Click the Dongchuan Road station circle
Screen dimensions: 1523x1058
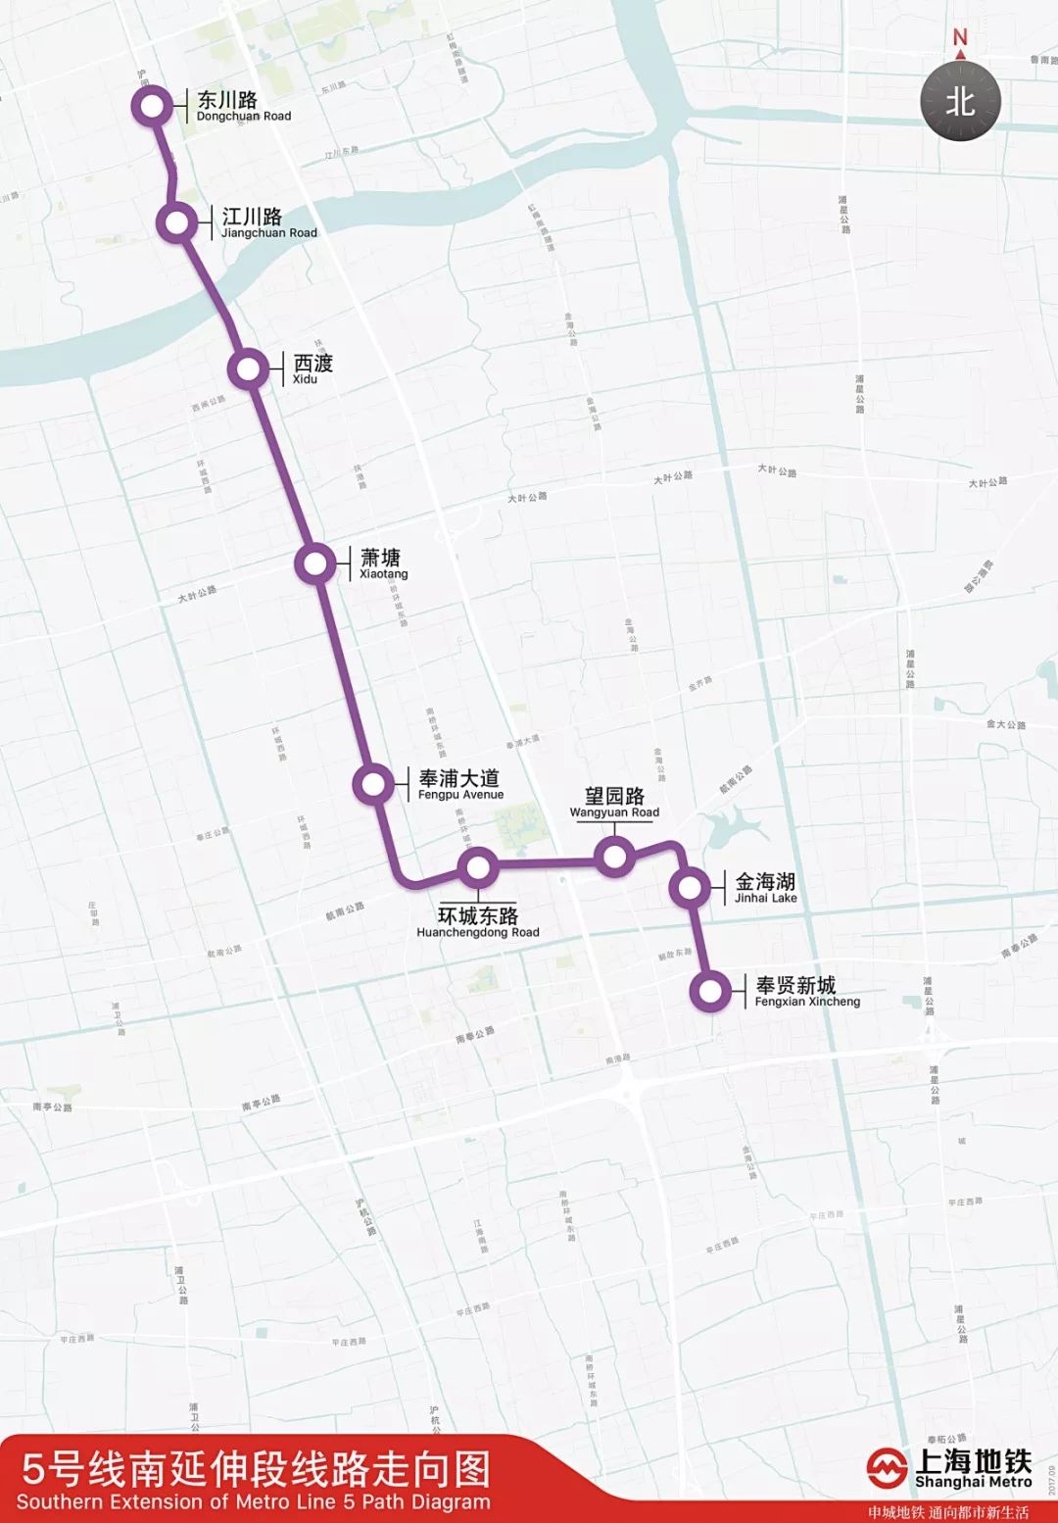[152, 106]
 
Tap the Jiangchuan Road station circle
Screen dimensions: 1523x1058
[177, 222]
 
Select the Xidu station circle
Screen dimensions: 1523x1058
[249, 369]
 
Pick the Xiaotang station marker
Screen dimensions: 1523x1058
[315, 564]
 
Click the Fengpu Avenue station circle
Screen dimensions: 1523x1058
[373, 784]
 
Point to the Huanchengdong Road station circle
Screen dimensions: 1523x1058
[478, 867]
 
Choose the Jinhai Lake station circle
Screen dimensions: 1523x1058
[690, 888]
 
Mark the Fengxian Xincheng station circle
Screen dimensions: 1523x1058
[710, 991]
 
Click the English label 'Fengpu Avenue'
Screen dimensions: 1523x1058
[460, 795]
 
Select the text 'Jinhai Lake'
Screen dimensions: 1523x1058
[766, 898]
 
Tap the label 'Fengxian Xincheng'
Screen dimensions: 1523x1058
[807, 1002]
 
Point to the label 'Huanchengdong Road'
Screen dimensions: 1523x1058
[478, 932]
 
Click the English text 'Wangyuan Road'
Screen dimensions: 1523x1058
[614, 812]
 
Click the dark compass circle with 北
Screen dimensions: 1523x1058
[960, 102]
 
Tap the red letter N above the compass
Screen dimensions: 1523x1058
[960, 38]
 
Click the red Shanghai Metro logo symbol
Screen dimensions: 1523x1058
[887, 1468]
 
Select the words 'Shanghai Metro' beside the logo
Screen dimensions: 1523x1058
[973, 1482]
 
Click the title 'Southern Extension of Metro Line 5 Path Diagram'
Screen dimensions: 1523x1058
[253, 1501]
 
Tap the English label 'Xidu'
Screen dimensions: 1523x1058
[305, 379]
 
